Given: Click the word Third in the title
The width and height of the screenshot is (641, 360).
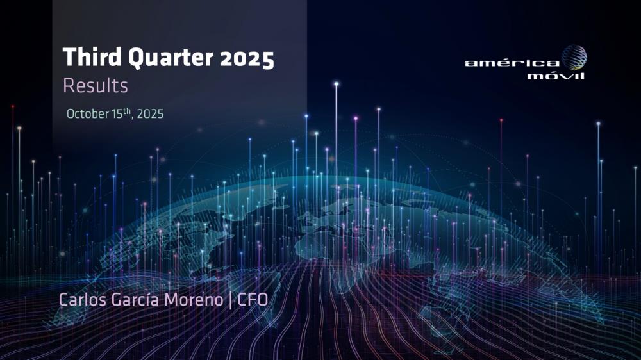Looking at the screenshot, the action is [x=92, y=57].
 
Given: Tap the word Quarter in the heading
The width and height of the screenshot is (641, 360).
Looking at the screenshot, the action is [x=171, y=58].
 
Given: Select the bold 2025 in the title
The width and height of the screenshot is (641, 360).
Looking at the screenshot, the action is [x=247, y=58].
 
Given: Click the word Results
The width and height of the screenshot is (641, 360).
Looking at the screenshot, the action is [x=96, y=86].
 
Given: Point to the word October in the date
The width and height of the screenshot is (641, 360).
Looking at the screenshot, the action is [x=87, y=113].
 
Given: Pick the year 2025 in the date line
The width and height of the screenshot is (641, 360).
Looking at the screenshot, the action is [x=150, y=113].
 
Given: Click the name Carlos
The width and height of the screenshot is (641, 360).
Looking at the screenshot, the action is [x=83, y=300].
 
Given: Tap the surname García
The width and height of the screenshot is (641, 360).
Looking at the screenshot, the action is [x=135, y=299].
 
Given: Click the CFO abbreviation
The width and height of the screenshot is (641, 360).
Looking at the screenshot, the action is [x=253, y=300].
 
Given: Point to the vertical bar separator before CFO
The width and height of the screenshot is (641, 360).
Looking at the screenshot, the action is [x=230, y=300].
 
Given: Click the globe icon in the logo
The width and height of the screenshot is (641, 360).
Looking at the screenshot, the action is [x=574, y=58].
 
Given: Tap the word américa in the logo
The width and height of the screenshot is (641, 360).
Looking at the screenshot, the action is [x=512, y=63].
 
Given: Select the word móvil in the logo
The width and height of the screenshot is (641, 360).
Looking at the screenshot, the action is [x=556, y=76].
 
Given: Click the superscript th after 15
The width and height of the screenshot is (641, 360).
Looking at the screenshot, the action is [x=127, y=110].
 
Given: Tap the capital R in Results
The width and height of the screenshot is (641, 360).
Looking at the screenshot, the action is [x=69, y=86].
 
